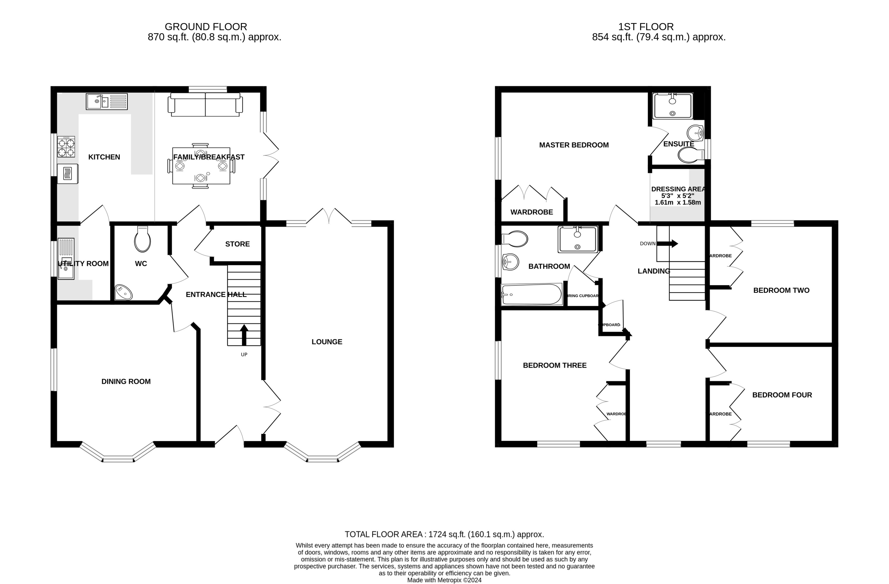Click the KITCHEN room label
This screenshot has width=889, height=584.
104,157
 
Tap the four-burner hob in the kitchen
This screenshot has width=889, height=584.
66,147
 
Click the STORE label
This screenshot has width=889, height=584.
237,244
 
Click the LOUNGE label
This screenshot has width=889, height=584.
327,341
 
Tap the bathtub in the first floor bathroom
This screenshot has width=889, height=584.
532,294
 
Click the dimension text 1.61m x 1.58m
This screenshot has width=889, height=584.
678,202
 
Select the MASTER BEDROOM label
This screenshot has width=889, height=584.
574,145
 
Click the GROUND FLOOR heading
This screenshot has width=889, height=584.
206,27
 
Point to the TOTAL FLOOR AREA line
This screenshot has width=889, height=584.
444,534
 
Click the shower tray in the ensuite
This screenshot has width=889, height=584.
672,106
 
